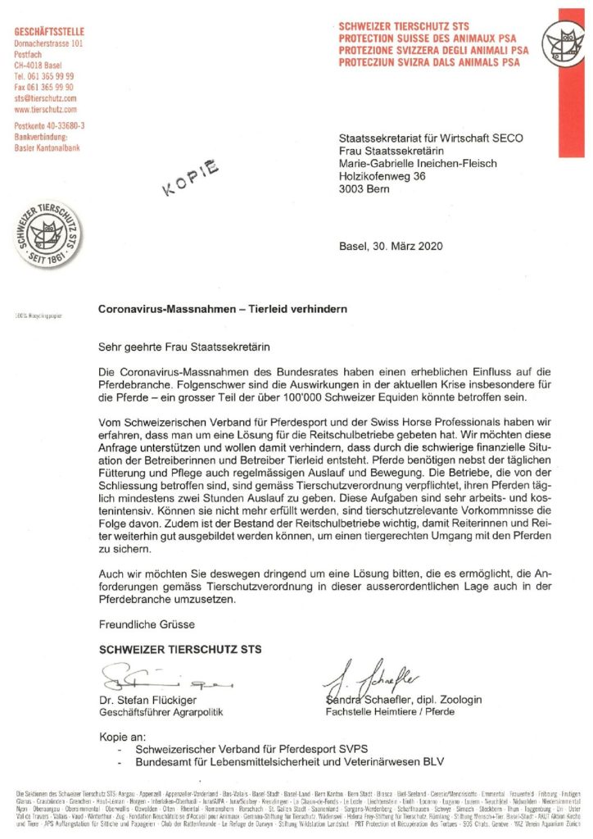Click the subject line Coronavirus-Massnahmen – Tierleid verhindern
pyautogui.click(x=223, y=310)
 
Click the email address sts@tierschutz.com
pyautogui.click(x=46, y=98)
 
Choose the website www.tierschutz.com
pyautogui.click(x=46, y=108)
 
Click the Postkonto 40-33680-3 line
pyautogui.click(x=50, y=125)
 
